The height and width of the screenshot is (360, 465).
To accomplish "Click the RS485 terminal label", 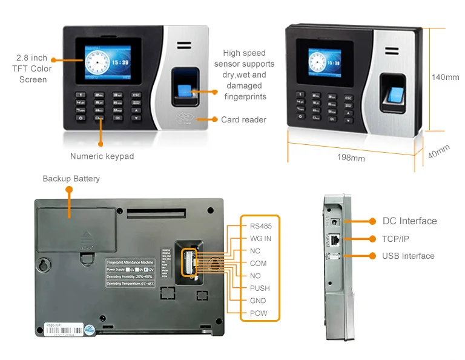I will (x=260, y=226).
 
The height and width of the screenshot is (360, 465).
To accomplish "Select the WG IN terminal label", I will (x=260, y=239).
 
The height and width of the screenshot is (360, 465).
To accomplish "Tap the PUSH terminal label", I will (x=260, y=288).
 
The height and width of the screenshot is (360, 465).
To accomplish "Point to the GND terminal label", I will (x=258, y=301).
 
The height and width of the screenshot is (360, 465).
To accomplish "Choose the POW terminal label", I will (x=259, y=313).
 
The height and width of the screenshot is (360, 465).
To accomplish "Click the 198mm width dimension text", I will (x=351, y=158).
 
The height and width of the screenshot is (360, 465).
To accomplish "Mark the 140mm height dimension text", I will (x=445, y=78).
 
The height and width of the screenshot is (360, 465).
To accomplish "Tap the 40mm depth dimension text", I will (x=438, y=152).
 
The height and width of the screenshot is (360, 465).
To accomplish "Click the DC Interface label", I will (x=409, y=221).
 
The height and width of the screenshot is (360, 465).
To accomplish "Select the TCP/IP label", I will (x=395, y=239).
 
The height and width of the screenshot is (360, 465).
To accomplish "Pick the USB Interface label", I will (x=408, y=256).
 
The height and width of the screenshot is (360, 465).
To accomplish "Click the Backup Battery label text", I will (x=71, y=179).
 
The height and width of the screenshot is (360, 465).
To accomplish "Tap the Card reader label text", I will (x=243, y=120).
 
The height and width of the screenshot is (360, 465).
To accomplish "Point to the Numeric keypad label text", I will (x=102, y=156).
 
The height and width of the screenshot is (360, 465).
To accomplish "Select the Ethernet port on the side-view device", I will (x=333, y=239).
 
